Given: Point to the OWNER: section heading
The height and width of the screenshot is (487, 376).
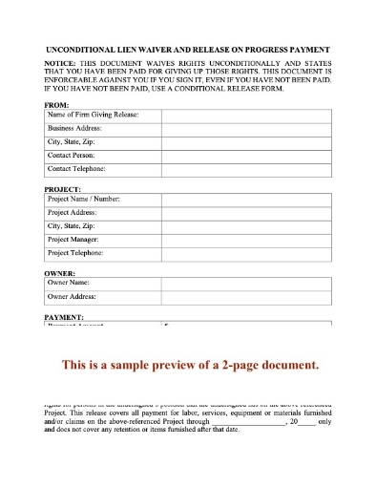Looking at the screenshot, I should tap(59, 273).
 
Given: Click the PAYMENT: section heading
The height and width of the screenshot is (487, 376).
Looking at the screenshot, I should tap(64, 315).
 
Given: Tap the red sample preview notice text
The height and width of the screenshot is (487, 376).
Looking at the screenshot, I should tap(189, 365).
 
